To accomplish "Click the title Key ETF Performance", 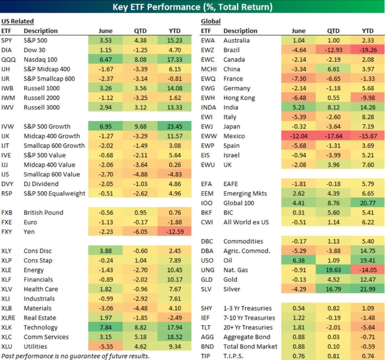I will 192,7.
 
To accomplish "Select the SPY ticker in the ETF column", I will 8,40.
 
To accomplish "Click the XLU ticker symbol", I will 8,347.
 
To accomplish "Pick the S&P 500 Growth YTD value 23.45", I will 171,126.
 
